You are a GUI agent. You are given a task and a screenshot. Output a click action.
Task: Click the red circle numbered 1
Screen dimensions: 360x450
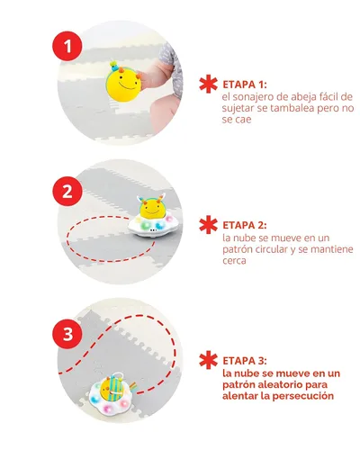(x=67, y=47)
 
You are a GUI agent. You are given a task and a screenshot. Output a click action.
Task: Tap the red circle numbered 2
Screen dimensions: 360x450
(x=67, y=191)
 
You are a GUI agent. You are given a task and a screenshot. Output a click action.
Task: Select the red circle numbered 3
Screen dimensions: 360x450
(x=67, y=334)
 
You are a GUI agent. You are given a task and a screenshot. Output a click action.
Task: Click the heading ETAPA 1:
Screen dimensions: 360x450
(x=244, y=85)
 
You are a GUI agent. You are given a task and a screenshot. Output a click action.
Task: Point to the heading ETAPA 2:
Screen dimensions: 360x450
(x=245, y=225)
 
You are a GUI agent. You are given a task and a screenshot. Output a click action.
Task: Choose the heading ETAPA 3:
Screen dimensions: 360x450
(x=245, y=361)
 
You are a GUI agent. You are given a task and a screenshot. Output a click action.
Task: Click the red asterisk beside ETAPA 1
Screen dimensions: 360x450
(x=208, y=84)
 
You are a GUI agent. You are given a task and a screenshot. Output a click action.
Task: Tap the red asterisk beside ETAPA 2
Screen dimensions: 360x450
(x=208, y=225)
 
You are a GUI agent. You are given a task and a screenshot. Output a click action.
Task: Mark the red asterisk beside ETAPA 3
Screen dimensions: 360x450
(x=208, y=360)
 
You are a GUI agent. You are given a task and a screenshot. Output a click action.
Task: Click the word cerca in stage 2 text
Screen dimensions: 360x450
(x=234, y=261)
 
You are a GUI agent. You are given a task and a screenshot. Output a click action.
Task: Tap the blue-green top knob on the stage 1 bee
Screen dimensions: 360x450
(x=113, y=65)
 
